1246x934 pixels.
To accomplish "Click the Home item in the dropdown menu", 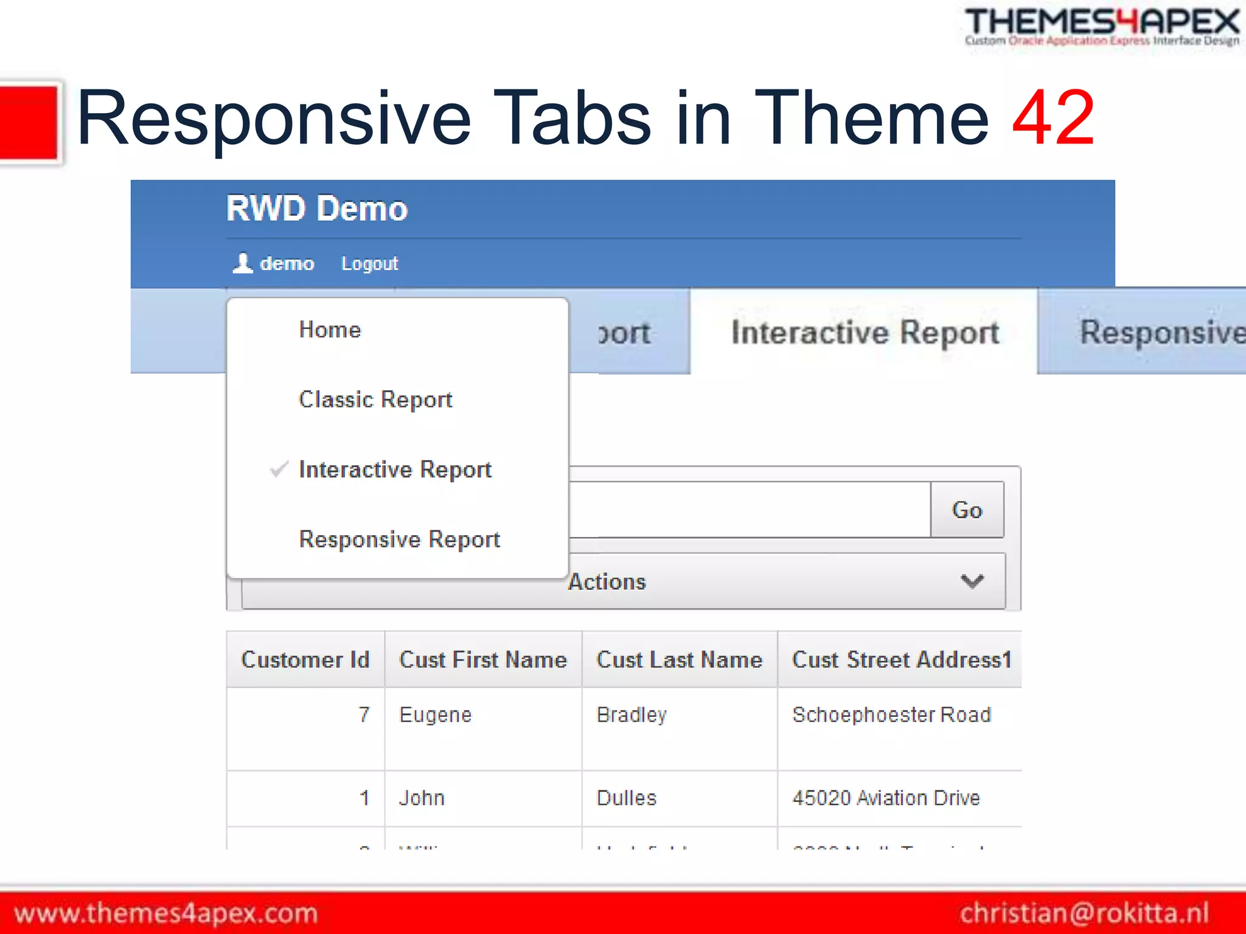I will (x=330, y=330).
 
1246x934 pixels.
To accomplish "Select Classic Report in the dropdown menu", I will (x=375, y=400).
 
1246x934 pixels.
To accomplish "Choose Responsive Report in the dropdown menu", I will (x=399, y=539).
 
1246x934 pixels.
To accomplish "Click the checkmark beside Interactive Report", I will (x=279, y=469).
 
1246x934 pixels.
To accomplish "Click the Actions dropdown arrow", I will (x=972, y=581).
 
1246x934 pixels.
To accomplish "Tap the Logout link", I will (x=369, y=264).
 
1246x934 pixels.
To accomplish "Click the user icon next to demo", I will (x=243, y=263).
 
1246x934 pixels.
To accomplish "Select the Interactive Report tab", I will (x=865, y=333).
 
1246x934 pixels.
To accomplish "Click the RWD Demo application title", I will (x=316, y=209).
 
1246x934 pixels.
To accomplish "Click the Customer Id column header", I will (x=305, y=660).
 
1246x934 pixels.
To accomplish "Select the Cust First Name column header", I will (x=482, y=660).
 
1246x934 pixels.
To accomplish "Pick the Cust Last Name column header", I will (x=679, y=660).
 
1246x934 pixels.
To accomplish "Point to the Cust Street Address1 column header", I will (x=901, y=660).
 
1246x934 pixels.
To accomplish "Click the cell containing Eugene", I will (x=435, y=715).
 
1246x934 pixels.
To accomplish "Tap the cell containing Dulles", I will (x=626, y=798).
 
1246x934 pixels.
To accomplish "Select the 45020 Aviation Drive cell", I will (x=886, y=798).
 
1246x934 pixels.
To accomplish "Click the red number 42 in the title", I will (x=1053, y=118).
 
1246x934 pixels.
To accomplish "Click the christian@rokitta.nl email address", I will (x=1084, y=913).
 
